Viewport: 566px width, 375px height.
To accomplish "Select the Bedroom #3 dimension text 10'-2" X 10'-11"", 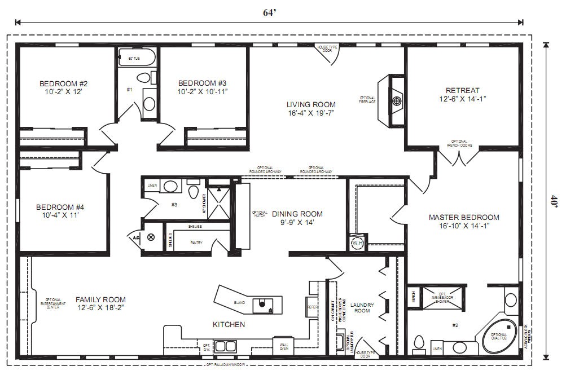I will coord(203,91).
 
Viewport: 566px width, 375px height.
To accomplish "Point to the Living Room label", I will coord(311,104).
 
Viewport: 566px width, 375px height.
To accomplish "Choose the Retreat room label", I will coord(462,90).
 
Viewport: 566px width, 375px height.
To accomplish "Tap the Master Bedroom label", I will coord(464,217).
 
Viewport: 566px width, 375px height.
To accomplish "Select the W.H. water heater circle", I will coord(357,243).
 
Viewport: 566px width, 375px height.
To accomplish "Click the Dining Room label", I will coord(297,214).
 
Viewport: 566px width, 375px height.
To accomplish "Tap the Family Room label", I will coord(100,299).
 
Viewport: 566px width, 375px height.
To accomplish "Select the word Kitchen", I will coord(229,324).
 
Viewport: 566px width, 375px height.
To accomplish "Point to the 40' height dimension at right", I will coord(554,201).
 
